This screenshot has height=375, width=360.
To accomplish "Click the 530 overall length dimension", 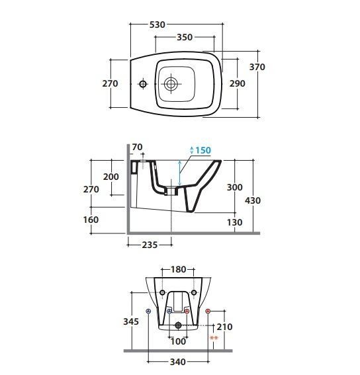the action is [157, 24].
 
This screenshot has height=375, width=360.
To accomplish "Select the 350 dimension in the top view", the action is [185, 37].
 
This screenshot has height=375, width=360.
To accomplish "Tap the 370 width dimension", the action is [257, 67].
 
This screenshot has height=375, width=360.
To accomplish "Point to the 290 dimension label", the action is [238, 84].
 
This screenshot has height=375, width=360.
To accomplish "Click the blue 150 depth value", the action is [203, 150].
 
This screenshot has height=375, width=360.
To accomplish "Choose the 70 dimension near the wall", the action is [137, 147].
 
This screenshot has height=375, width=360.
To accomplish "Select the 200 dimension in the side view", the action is [111, 177].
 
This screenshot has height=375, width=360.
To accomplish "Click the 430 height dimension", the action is [253, 200].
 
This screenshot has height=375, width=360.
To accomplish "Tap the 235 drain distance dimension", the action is [150, 245].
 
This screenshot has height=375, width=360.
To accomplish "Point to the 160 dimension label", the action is [91, 220].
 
